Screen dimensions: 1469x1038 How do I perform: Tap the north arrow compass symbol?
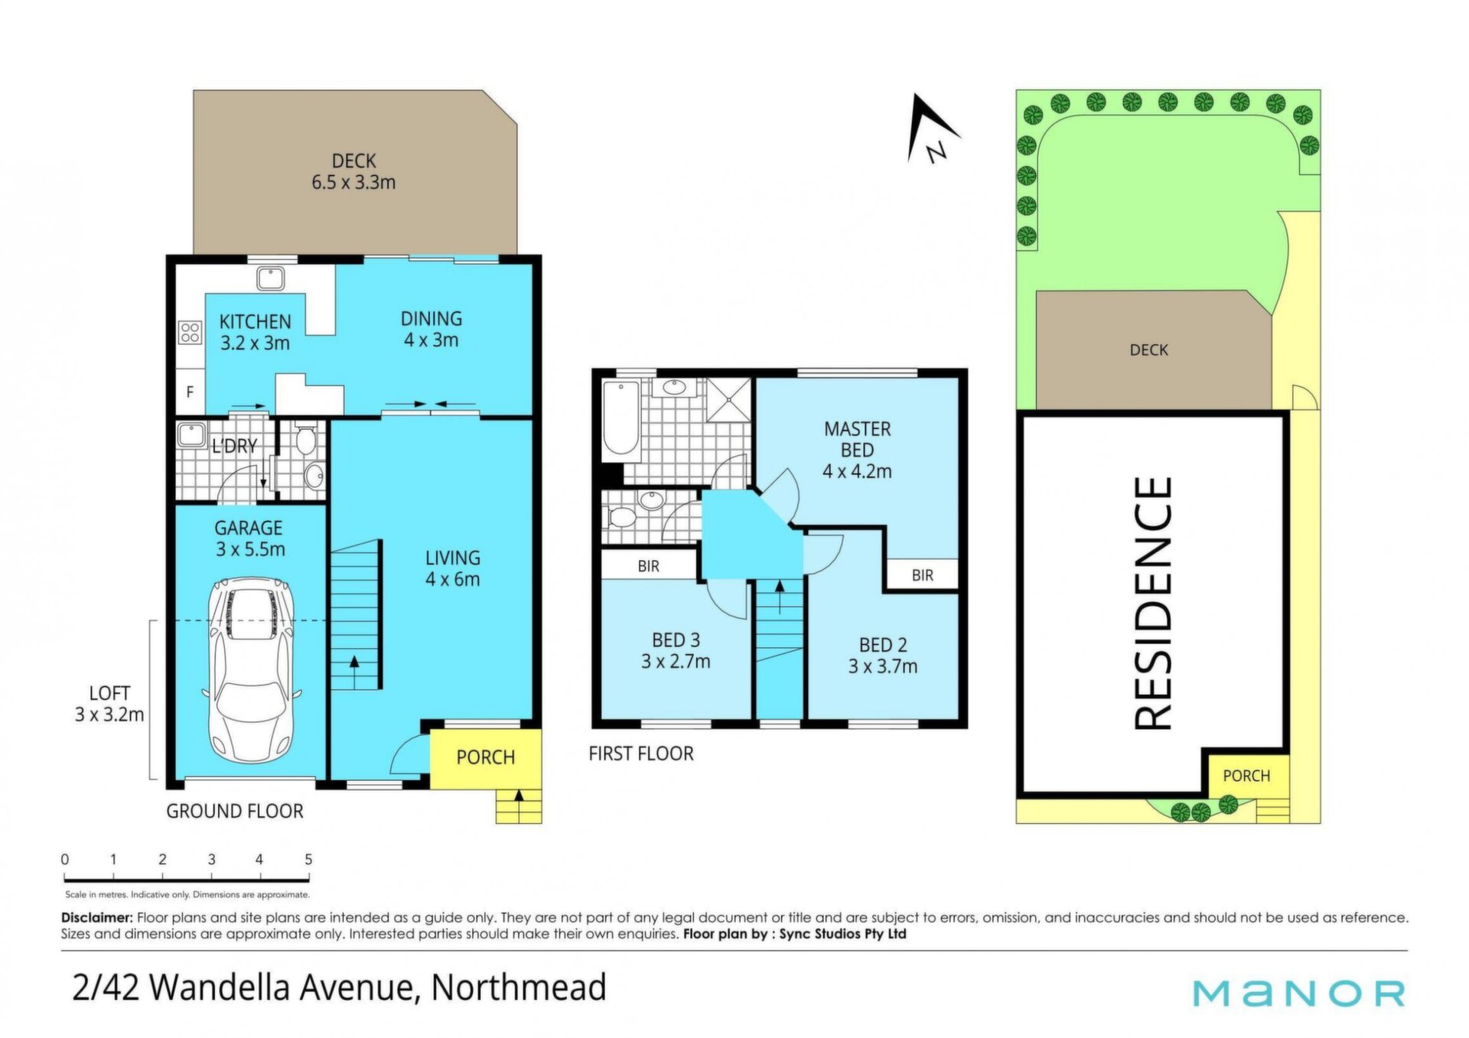pyautogui.click(x=932, y=128)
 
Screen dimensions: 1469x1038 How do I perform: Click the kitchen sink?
pyautogui.click(x=270, y=278)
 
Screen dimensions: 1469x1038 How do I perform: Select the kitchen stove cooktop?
pyautogui.click(x=190, y=332)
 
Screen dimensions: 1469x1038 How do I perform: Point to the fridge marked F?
pyautogui.click(x=190, y=392)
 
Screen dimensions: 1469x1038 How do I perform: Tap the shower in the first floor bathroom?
pyautogui.click(x=728, y=399)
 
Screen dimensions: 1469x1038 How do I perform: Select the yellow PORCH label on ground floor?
pyautogui.click(x=485, y=757)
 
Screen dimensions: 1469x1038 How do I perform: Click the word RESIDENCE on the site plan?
pyautogui.click(x=1152, y=603)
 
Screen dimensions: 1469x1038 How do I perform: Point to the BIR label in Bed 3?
pyautogui.click(x=648, y=566)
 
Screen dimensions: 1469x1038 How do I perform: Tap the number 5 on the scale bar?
pyautogui.click(x=308, y=859)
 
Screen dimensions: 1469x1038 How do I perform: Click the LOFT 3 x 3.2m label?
pyautogui.click(x=109, y=704)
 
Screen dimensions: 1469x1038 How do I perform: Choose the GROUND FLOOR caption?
pyautogui.click(x=235, y=811)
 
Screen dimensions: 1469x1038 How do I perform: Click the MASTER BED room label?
pyautogui.click(x=857, y=440)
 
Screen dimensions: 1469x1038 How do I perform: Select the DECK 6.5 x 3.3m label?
pyautogui.click(x=353, y=171)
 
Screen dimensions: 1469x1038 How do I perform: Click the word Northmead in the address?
pyautogui.click(x=519, y=987)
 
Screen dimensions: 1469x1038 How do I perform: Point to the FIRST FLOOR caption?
pyautogui.click(x=641, y=753)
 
